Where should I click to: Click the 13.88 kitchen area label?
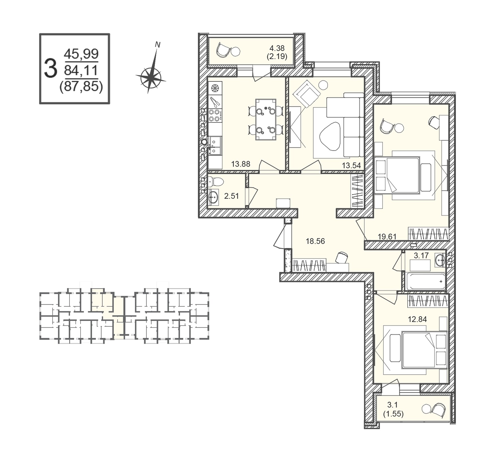pyautogui.click(x=241, y=164)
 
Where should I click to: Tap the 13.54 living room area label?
pyautogui.click(x=351, y=166)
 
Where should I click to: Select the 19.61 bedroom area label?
pyautogui.click(x=387, y=236)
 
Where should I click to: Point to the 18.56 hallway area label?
pyautogui.click(x=315, y=241)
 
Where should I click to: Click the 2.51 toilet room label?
pyautogui.click(x=231, y=196)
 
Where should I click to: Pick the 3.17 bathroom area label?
pyautogui.click(x=421, y=256)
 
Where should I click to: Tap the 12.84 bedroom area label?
pyautogui.click(x=417, y=319)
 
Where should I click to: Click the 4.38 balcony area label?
pyautogui.click(x=277, y=48)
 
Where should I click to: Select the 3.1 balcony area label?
pyautogui.click(x=393, y=405)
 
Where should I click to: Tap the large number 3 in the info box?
pyautogui.click(x=51, y=69)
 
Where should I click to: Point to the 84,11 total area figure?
pyautogui.click(x=81, y=70)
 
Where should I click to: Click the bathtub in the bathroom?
pyautogui.click(x=425, y=282)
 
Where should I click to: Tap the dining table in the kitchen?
pyautogui.click(x=266, y=119)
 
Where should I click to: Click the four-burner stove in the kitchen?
pyautogui.click(x=215, y=116)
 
